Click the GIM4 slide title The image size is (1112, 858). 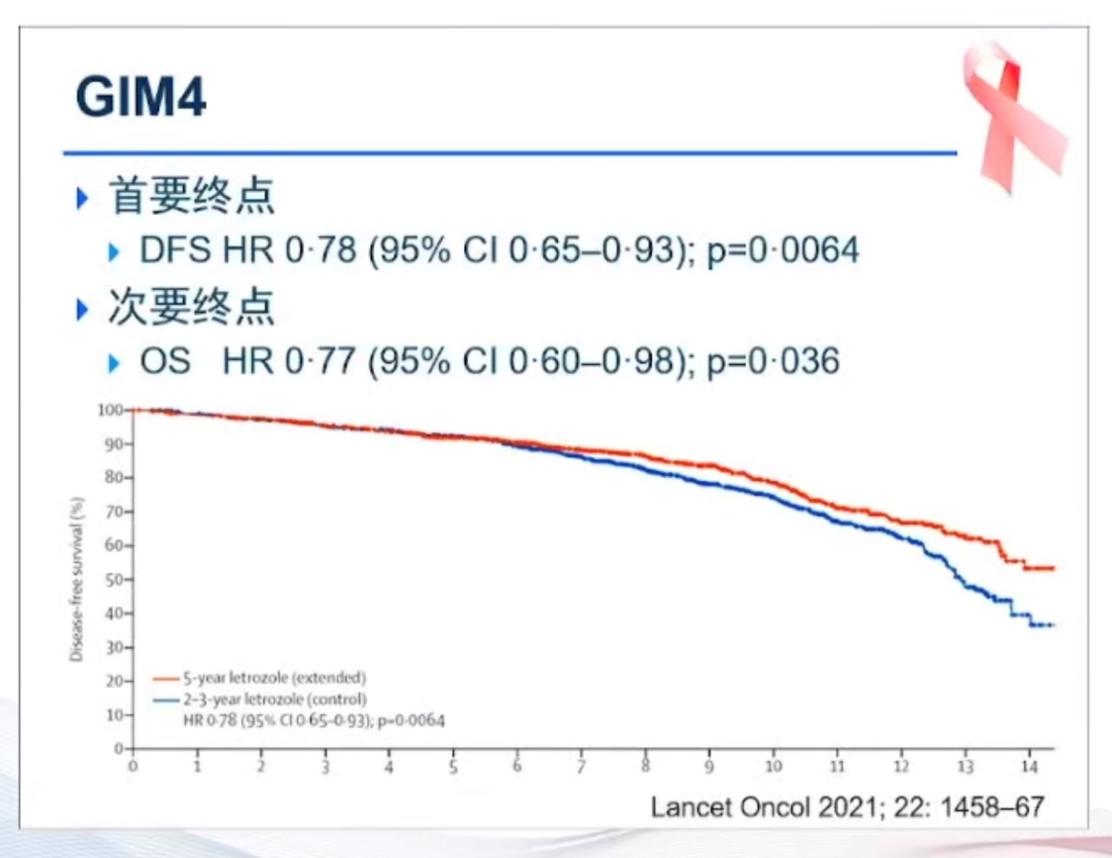[141, 97]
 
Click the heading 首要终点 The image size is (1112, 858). [191, 196]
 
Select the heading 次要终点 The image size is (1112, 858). [191, 307]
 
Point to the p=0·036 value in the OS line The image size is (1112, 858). [773, 361]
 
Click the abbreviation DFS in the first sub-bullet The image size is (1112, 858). [175, 251]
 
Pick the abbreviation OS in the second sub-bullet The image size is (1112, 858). [165, 361]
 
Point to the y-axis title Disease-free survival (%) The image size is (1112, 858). [76, 579]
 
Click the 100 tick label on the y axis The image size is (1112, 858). [110, 410]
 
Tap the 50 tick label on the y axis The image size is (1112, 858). [115, 580]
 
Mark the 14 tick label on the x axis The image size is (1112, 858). [1030, 767]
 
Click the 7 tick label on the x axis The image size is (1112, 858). [581, 767]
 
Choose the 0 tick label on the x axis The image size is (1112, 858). [133, 767]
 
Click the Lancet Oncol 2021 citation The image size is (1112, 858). [847, 807]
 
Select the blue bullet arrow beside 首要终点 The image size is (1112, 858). [83, 197]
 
